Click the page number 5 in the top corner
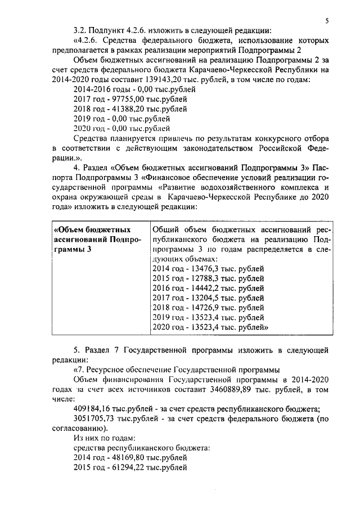click(327, 21)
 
